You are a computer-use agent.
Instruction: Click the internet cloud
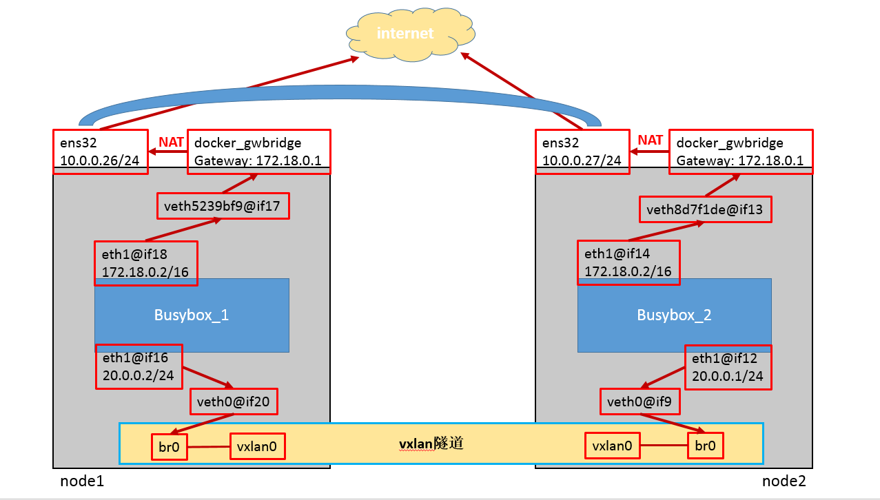tap(405, 33)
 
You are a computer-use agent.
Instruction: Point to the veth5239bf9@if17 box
tap(223, 206)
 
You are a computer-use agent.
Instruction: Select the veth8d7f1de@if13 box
tap(705, 209)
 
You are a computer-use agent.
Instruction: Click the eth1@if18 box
tap(146, 263)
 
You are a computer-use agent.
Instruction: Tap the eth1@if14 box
tap(628, 262)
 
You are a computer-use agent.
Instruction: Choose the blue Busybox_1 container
tap(192, 315)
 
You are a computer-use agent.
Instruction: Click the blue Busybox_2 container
tap(674, 315)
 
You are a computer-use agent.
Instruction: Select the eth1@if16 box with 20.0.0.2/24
tap(139, 366)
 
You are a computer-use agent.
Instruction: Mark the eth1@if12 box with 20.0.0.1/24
tap(728, 367)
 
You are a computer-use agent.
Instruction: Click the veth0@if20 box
tap(234, 402)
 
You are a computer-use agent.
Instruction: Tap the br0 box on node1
tap(169, 447)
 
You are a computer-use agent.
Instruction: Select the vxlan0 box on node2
tap(613, 446)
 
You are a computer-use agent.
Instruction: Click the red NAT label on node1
tap(171, 142)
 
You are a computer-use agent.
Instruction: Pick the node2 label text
tap(784, 481)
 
